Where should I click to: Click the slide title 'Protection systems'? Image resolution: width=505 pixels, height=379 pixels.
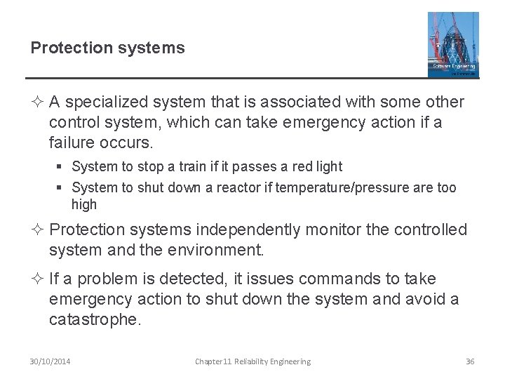pos(107,48)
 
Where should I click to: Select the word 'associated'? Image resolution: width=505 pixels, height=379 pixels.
pos(301,102)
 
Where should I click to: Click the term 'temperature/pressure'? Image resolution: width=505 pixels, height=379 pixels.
pos(337,187)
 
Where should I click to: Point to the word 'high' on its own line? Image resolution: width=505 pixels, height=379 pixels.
pos(84,205)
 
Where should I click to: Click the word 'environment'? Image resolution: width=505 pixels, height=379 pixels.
pos(220,249)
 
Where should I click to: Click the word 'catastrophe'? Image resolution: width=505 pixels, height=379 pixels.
pos(95,320)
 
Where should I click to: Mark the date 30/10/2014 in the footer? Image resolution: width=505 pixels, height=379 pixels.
pos(50,361)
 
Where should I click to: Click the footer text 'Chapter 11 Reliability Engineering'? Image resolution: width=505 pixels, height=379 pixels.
pos(252,361)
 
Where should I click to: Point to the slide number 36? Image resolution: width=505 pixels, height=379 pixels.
pos(470,361)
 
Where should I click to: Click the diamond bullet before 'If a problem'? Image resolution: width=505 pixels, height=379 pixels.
pos(38,279)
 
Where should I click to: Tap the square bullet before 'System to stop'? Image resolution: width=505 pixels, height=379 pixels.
pos(62,167)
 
